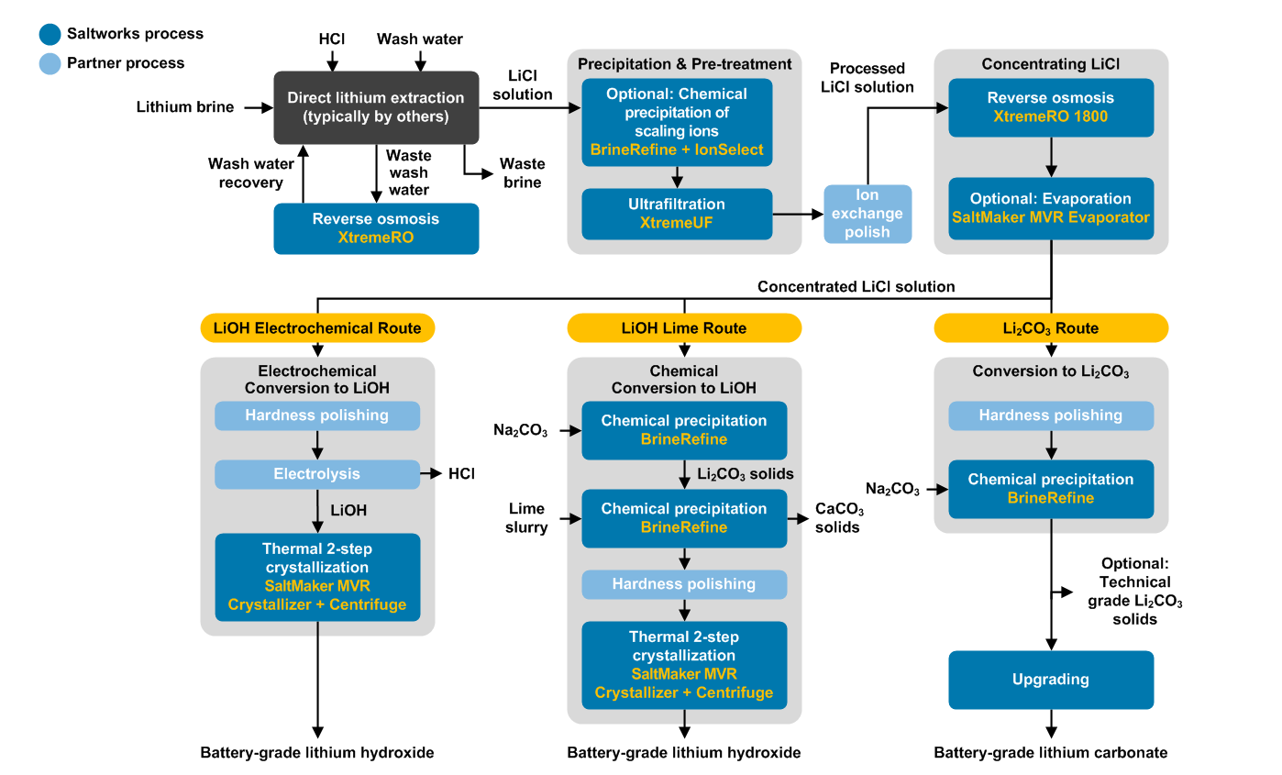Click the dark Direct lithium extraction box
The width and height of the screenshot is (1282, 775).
[x=376, y=107]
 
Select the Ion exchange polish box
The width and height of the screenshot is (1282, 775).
[x=868, y=214]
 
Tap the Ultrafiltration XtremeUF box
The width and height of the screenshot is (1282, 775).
[x=677, y=214]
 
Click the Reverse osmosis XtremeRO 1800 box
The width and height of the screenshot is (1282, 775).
[x=1051, y=107]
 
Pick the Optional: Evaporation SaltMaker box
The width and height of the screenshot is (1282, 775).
[x=1051, y=208]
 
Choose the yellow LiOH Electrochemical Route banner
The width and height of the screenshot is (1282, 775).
[x=317, y=327]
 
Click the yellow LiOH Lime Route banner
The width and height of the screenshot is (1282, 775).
[x=684, y=327]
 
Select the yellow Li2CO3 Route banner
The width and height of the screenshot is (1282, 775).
[x=1051, y=327]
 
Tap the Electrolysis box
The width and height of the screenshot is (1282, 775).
[x=317, y=474]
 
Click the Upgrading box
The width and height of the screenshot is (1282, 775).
[x=1051, y=680]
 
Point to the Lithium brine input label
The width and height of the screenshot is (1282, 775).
[x=185, y=107]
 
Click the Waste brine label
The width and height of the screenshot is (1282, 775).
[x=522, y=172]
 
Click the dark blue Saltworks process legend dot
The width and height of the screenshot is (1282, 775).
[x=50, y=34]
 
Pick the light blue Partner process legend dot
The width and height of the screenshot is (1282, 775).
[x=50, y=63]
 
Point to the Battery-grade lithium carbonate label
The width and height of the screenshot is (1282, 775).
[x=1051, y=753]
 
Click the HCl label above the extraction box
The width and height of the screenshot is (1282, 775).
[x=332, y=39]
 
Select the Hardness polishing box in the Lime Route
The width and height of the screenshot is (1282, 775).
[x=684, y=584]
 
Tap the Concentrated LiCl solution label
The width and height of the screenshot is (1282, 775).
[x=856, y=287]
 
